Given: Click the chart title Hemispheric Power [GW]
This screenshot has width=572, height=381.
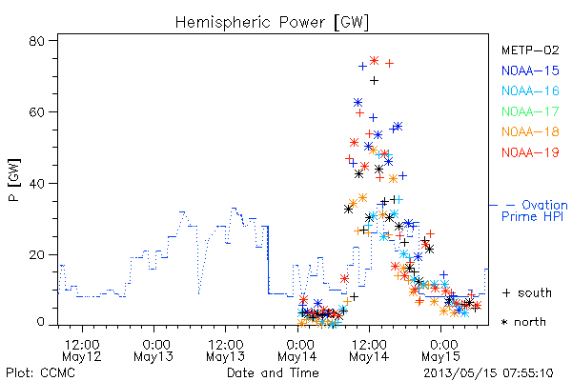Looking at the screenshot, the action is coord(272,23).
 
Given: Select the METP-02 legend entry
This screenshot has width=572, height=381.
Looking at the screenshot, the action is coord(530,50).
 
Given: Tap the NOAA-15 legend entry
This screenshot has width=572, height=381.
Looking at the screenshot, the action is coord(530,70).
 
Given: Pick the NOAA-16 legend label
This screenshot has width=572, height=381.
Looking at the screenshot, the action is coord(530,90).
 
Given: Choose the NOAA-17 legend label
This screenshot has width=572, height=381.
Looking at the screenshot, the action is coord(530,111).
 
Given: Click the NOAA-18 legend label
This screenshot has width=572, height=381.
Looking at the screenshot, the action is coord(530,131).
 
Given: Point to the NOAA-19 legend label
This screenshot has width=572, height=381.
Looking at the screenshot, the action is coord(530,152).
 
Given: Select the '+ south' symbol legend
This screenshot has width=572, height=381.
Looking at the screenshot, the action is coord(527,292).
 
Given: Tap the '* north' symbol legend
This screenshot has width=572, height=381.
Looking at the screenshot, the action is coord(523,322).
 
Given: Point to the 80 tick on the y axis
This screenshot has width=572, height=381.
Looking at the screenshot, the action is coord(36,41).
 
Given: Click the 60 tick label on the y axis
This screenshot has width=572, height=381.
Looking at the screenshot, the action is coord(36,112).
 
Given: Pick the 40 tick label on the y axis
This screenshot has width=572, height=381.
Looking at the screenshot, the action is coord(36,183).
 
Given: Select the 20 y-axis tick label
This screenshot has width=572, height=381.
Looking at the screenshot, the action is coord(36,254).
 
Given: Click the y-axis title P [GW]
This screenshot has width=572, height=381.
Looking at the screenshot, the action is coord(14,180).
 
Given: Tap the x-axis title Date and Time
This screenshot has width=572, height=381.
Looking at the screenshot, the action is coord(273,372).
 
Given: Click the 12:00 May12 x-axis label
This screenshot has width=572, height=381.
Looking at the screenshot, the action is coord(82,351).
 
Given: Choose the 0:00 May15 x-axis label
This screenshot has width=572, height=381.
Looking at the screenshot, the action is coord(441,351).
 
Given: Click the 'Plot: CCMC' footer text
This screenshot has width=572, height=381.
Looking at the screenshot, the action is coord(40,372).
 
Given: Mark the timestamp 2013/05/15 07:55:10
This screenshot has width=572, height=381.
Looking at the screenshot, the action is coord(488,373).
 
